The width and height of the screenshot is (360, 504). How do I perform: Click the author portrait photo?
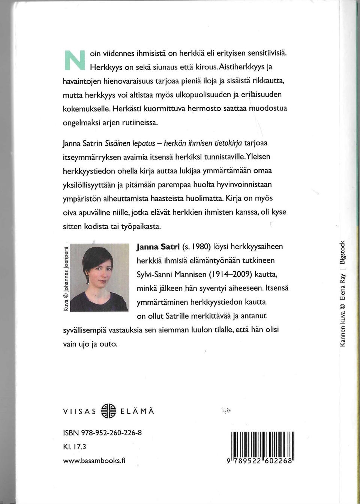[99, 278]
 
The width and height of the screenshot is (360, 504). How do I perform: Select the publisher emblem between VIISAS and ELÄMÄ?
[109, 411]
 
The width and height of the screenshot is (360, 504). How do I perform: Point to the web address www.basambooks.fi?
[94, 460]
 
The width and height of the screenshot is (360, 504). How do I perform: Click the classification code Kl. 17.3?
[75, 447]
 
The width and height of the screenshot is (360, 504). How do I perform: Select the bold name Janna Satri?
[158, 247]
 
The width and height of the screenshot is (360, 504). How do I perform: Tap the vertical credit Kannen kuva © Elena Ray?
[342, 310]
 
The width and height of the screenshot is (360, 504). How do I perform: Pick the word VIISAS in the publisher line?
[79, 411]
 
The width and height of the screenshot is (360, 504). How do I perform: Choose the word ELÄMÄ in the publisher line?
[137, 411]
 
